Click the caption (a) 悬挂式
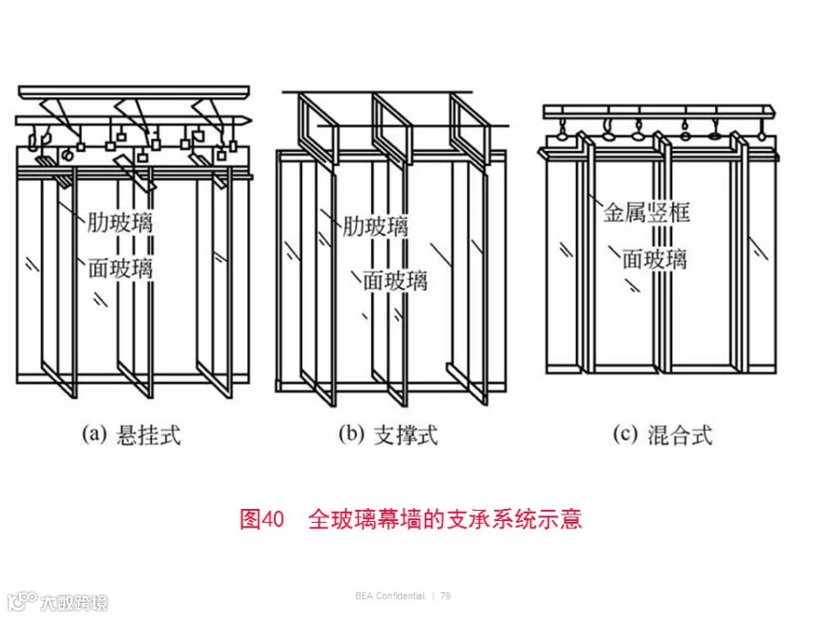tap(131, 435)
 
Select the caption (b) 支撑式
tap(388, 435)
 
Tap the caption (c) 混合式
tap(663, 435)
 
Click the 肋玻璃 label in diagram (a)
tap(120, 222)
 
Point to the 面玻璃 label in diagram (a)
tap(120, 268)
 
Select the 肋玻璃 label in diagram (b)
tap(375, 226)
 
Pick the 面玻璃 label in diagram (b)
tap(396, 281)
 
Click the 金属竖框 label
tap(645, 212)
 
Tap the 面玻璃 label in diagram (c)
tap(655, 259)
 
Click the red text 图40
tap(262, 519)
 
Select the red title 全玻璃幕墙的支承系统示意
tap(445, 519)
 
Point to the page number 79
tap(446, 596)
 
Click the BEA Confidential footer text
tap(390, 596)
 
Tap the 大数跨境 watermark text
tap(74, 602)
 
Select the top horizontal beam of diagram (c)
tap(659, 112)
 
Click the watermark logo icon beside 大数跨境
tap(21, 602)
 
